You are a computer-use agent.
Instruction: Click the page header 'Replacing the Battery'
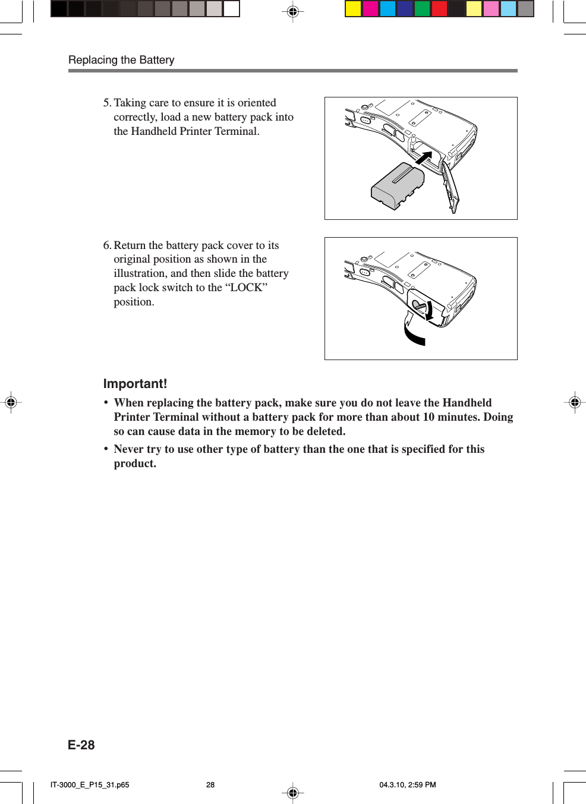click(x=121, y=60)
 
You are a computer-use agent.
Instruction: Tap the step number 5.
click(x=106, y=103)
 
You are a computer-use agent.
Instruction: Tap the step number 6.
click(x=106, y=245)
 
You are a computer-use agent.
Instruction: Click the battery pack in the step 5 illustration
click(x=397, y=185)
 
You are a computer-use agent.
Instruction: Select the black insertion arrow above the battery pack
click(x=423, y=158)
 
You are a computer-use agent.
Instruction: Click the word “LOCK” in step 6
click(x=246, y=288)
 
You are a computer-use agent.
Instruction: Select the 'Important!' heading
click(x=135, y=384)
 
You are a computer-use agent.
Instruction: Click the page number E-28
click(x=81, y=745)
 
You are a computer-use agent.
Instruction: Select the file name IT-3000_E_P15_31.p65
click(x=90, y=785)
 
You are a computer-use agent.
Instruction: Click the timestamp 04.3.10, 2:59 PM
click(x=407, y=785)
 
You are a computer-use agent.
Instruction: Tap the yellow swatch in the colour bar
click(x=353, y=9)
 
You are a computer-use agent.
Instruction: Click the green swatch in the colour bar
click(x=422, y=9)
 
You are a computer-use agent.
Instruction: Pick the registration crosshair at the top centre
click(x=292, y=11)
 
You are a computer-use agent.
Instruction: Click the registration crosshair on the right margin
click(x=574, y=403)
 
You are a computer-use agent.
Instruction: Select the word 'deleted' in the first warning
click(x=326, y=431)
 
